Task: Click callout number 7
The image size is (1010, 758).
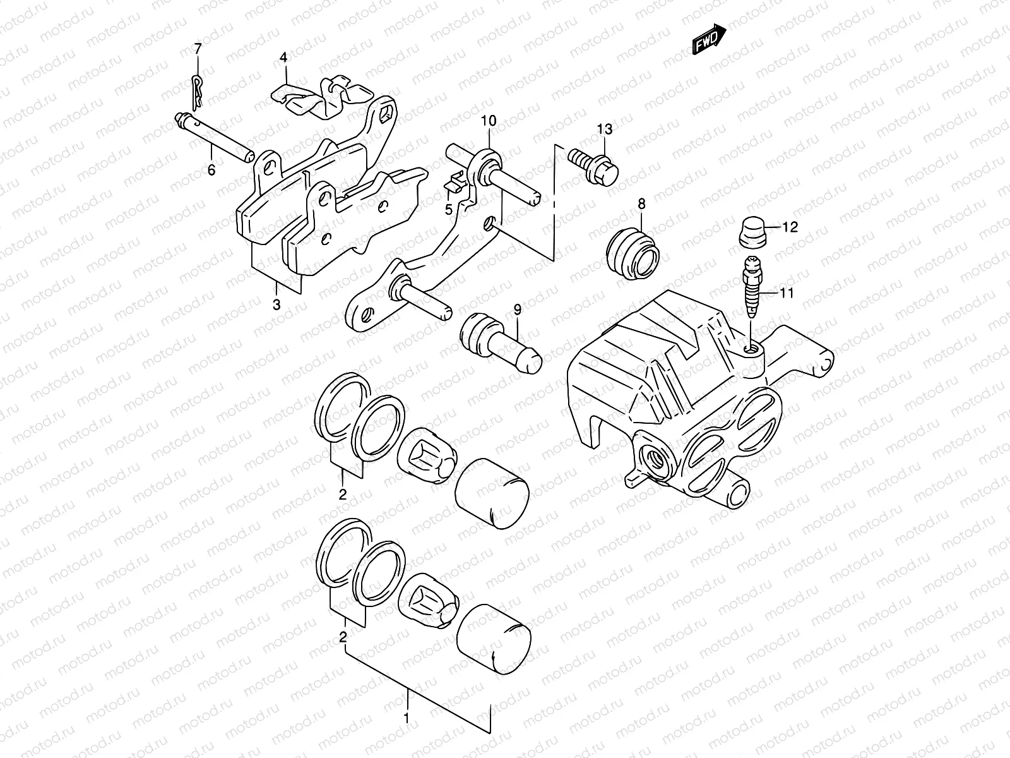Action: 198,49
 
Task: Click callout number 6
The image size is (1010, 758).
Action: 211,169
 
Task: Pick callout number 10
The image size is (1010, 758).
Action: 490,120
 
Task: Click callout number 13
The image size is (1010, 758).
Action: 605,129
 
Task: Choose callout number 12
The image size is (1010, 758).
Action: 790,227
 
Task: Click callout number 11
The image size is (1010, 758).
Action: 786,292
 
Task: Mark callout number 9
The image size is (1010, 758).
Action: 518,309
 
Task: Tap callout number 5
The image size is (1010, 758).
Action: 449,209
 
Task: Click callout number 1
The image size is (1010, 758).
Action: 407,718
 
